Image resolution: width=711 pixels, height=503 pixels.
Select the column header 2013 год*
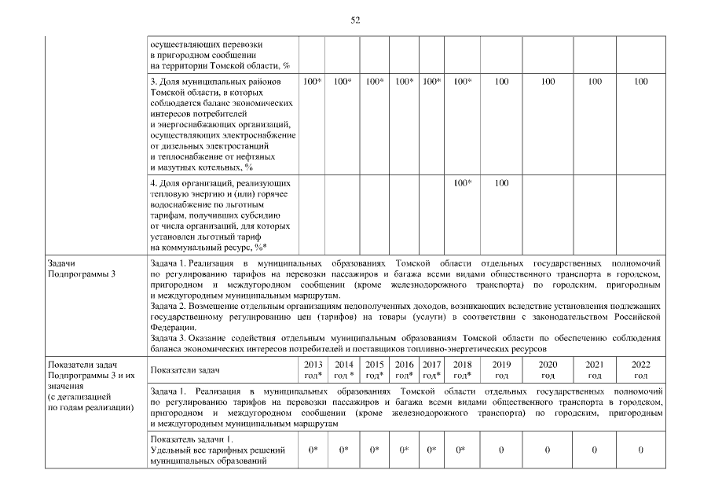pyautogui.click(x=313, y=369)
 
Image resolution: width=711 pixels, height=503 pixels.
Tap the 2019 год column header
pyautogui.click(x=501, y=369)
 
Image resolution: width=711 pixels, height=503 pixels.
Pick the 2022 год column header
pyautogui.click(x=641, y=369)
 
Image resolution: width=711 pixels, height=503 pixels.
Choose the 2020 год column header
pyautogui.click(x=548, y=369)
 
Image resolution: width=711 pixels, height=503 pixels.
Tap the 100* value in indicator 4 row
pyautogui.click(x=462, y=183)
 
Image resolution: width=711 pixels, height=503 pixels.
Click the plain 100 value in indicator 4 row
pyautogui.click(x=501, y=183)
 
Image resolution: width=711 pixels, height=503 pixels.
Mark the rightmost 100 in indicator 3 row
pyautogui.click(x=641, y=82)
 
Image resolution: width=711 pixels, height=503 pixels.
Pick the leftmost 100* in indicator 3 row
pyautogui.click(x=313, y=82)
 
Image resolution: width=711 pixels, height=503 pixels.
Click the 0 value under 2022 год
pyautogui.click(x=641, y=450)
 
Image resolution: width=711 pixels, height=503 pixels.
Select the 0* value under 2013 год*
pyautogui.click(x=313, y=450)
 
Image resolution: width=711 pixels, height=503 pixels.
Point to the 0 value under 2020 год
pyautogui.click(x=548, y=450)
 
